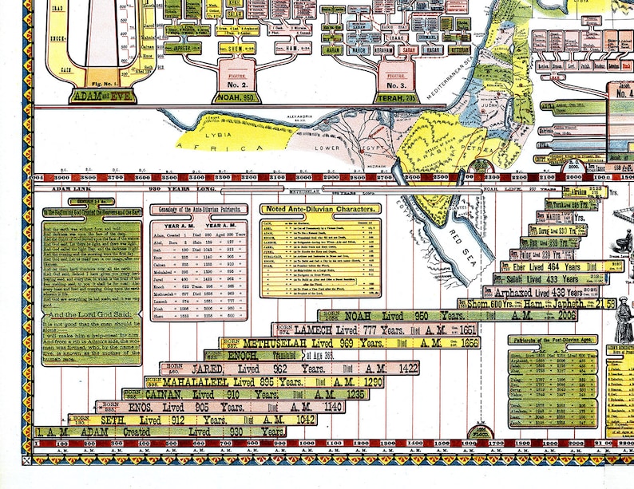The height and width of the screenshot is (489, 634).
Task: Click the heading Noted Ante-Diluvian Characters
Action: pos(320,209)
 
